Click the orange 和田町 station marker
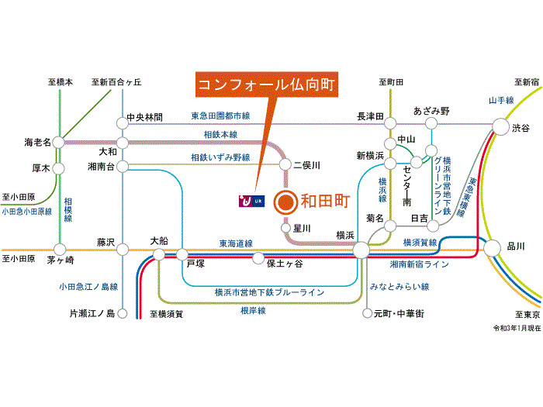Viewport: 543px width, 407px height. (285, 202)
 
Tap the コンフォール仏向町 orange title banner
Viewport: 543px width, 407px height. (267, 85)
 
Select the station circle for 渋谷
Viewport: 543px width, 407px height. (501, 126)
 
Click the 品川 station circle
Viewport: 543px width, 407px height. (492, 248)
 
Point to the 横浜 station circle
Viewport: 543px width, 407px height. (361, 250)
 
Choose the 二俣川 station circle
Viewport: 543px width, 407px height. (285, 164)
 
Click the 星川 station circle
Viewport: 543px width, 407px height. (285, 228)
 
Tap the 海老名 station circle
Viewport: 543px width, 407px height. (58, 142)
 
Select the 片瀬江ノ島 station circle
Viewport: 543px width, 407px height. (123, 313)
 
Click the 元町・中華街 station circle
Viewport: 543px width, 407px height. (367, 313)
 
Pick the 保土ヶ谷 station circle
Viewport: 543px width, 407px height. (258, 258)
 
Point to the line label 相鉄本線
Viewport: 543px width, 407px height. (220, 135)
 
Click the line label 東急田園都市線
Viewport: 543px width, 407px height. (220, 116)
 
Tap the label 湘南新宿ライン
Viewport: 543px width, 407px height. (420, 264)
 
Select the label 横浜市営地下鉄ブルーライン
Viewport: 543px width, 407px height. (269, 292)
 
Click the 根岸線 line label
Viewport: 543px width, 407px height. (253, 310)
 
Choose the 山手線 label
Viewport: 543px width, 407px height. (501, 100)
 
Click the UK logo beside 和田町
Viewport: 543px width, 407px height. (252, 201)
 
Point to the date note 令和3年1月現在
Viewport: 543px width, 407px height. (517, 328)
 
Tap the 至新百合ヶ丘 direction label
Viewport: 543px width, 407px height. (116, 82)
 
